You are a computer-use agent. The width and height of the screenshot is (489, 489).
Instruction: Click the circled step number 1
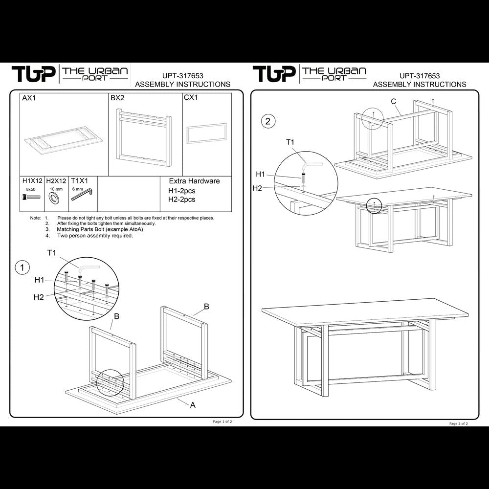coord(22,267)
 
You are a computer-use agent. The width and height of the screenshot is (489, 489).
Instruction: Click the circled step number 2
coord(267,121)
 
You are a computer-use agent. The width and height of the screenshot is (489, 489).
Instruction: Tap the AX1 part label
coord(29,98)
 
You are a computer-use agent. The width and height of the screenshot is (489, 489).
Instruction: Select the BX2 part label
coord(117,98)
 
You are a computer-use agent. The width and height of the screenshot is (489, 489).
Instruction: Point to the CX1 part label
coord(191,98)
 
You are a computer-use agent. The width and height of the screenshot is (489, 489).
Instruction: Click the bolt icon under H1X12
coord(30,198)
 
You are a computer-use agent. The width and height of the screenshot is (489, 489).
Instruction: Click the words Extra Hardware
coord(194,181)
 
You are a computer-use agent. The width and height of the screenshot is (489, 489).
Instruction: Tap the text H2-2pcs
coord(181,200)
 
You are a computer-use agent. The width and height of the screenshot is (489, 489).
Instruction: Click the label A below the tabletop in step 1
coord(193,404)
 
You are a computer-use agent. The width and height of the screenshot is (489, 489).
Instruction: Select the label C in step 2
coord(393,101)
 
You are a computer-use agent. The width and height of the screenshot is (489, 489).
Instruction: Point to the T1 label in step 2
coord(290,142)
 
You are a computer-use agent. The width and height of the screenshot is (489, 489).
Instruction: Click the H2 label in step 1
coord(39,297)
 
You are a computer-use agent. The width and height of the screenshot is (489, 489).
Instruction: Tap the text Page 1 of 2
coord(222,421)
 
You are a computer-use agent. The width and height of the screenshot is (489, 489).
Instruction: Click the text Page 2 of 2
coord(459,423)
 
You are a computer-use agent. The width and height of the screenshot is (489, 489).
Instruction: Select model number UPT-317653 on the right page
coord(420,76)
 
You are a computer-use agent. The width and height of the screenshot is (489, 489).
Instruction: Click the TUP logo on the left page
coord(32,74)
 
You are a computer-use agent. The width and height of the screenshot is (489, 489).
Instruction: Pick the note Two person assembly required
coord(95,235)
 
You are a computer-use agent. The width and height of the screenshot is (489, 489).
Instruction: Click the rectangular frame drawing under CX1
coord(206,133)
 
